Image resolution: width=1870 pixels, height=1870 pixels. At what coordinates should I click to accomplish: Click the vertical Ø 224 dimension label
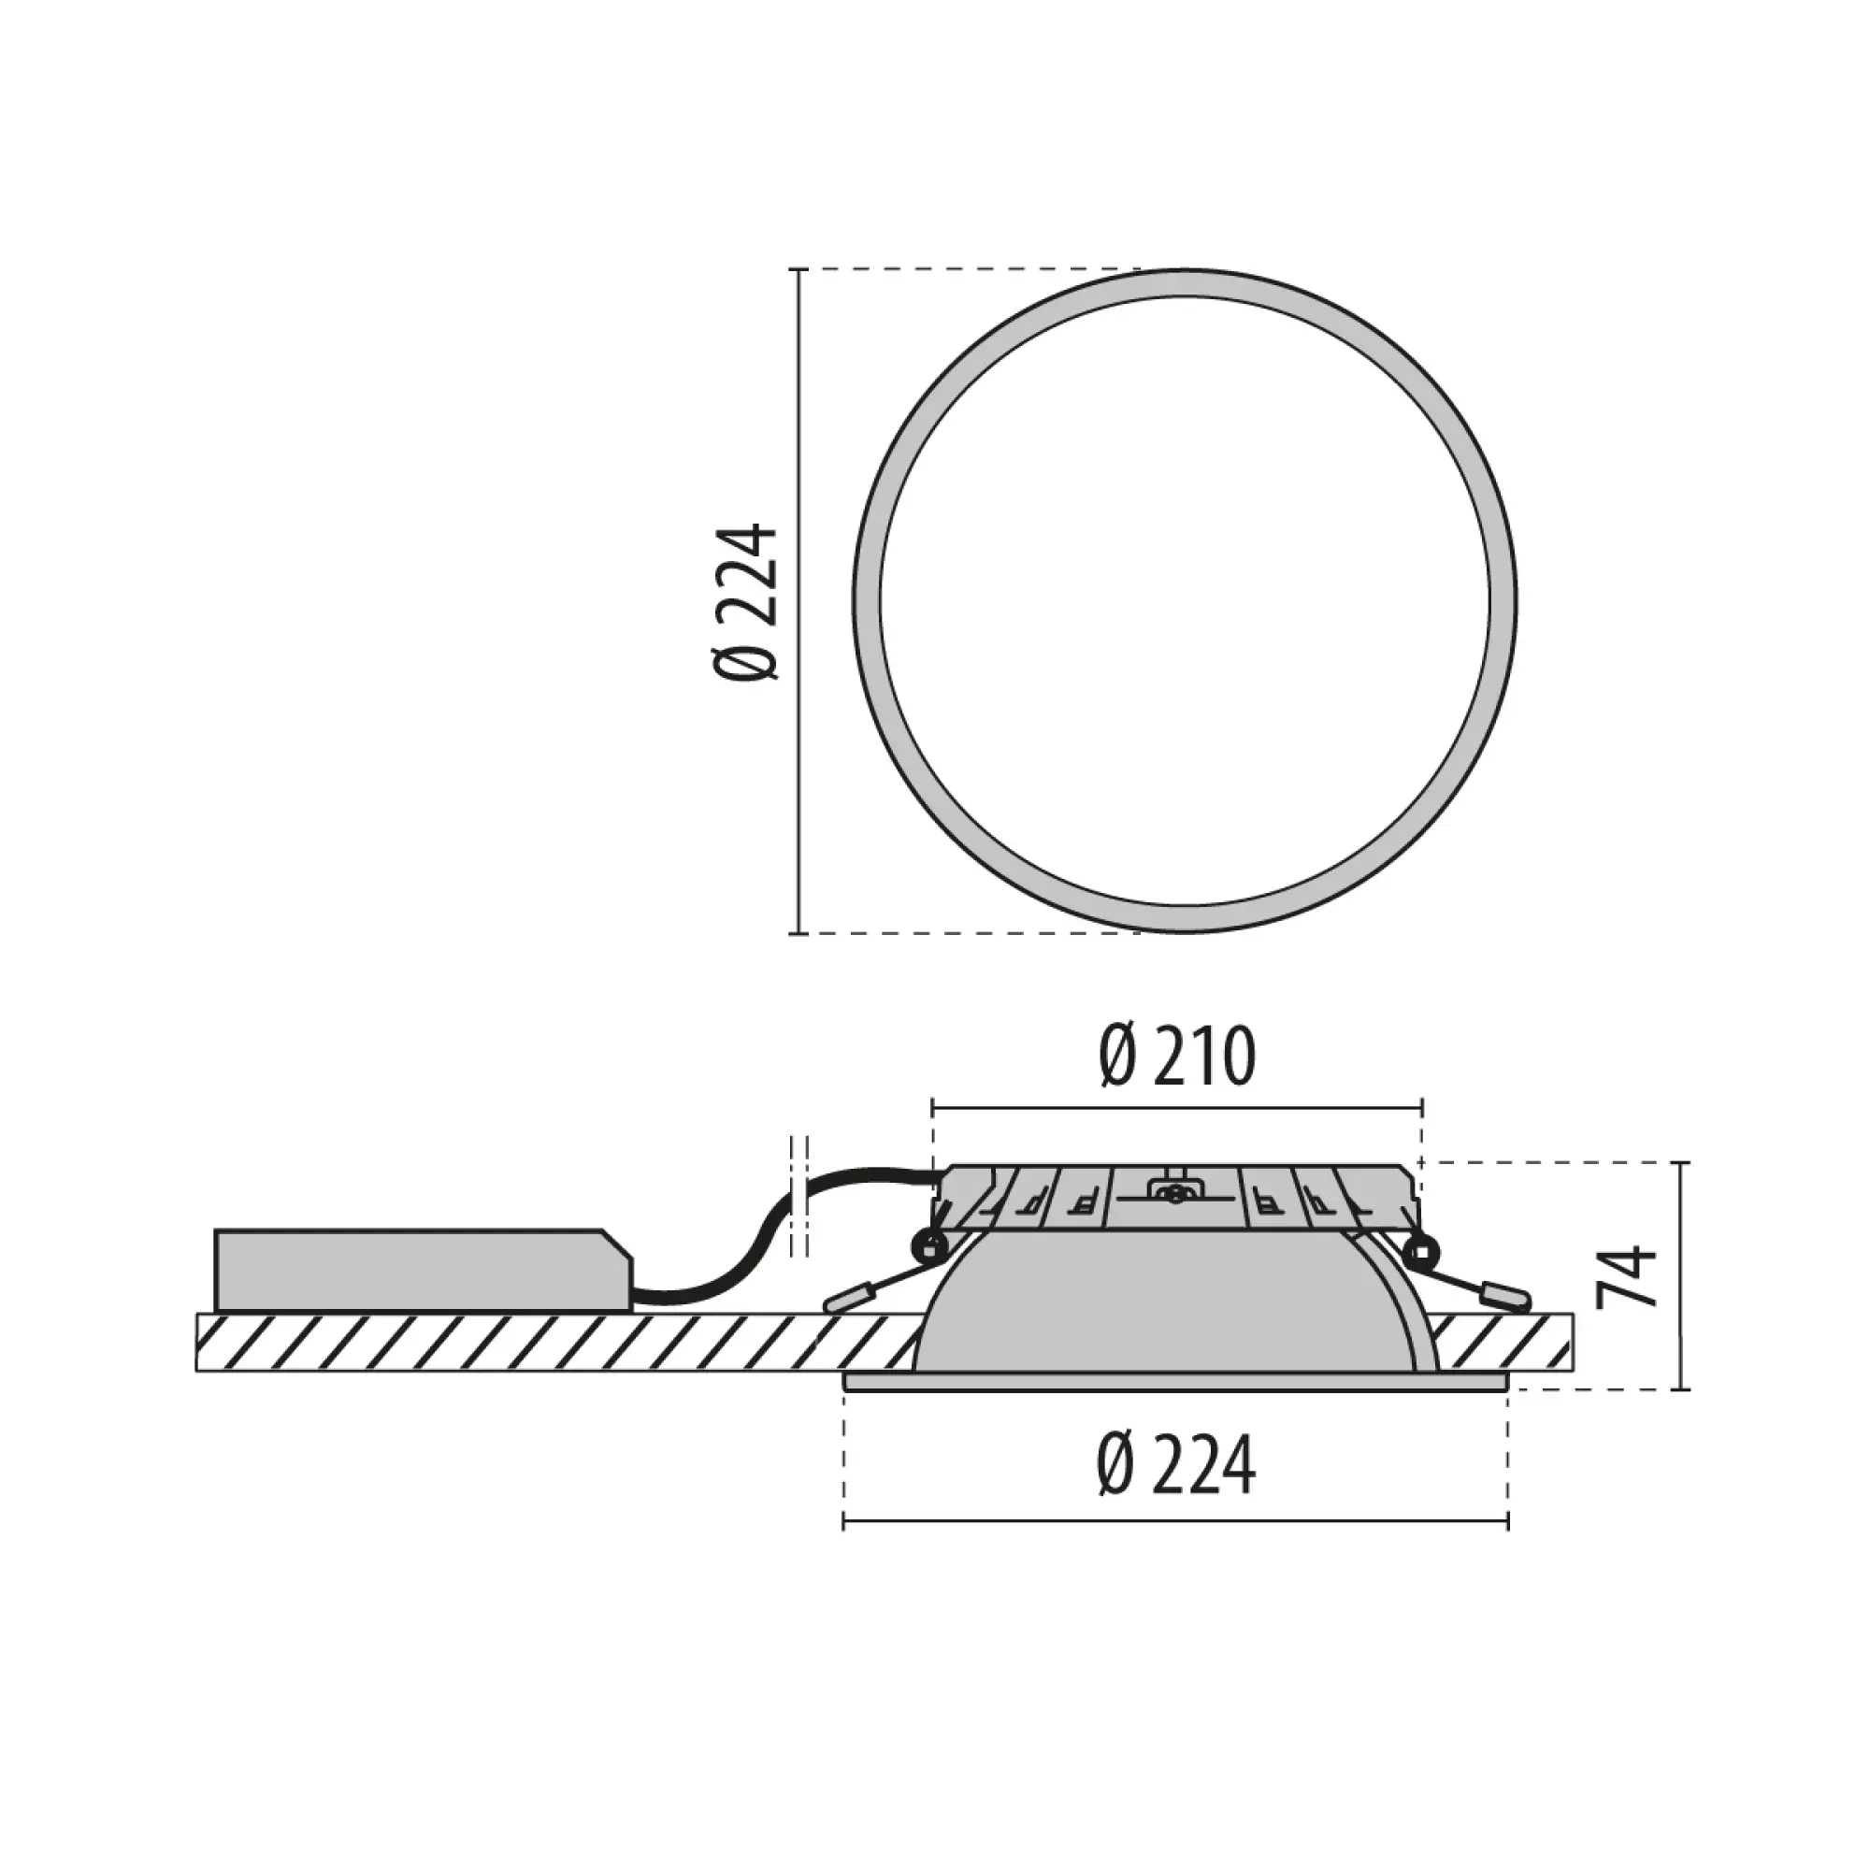click(746, 601)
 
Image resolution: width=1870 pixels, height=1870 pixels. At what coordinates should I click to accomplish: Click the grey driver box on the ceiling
click(416, 1270)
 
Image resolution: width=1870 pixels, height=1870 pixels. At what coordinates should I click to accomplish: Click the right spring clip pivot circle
click(1421, 1247)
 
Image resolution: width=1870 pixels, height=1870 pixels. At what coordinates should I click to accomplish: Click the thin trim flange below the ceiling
click(1175, 1382)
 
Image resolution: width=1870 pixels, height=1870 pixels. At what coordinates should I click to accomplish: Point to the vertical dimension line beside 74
click(1683, 1275)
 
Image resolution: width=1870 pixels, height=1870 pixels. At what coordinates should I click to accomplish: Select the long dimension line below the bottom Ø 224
click(1175, 1522)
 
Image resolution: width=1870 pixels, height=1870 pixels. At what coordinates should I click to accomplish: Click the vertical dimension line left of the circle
click(798, 601)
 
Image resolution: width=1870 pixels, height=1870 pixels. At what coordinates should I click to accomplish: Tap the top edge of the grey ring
click(1185, 283)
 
